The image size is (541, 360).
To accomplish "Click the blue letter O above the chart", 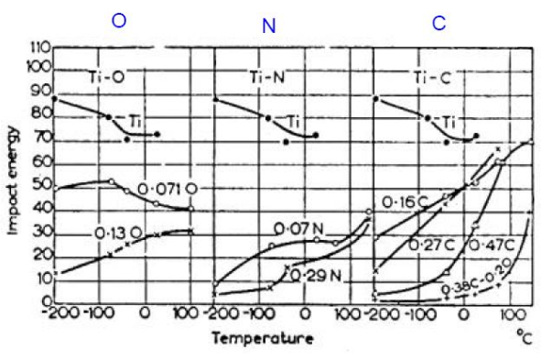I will click(x=119, y=21).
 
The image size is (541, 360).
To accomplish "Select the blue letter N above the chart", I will click(x=268, y=27).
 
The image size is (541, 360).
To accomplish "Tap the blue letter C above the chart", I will click(x=439, y=23).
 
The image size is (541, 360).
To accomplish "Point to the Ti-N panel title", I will click(x=264, y=78).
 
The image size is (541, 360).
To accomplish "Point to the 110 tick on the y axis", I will click(x=38, y=47).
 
